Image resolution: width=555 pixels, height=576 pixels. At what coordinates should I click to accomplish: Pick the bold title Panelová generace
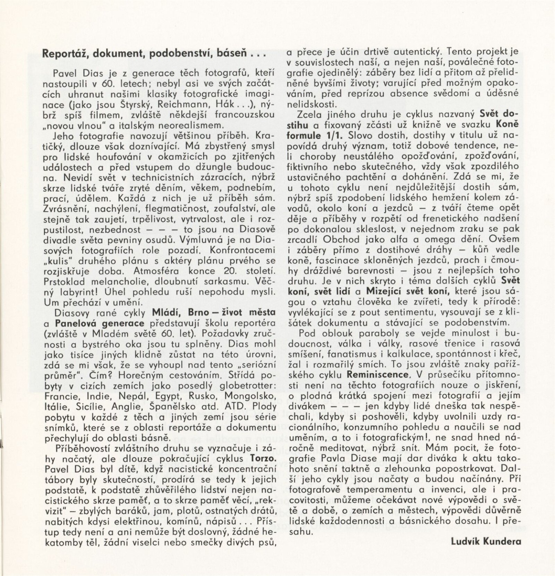(100, 323)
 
